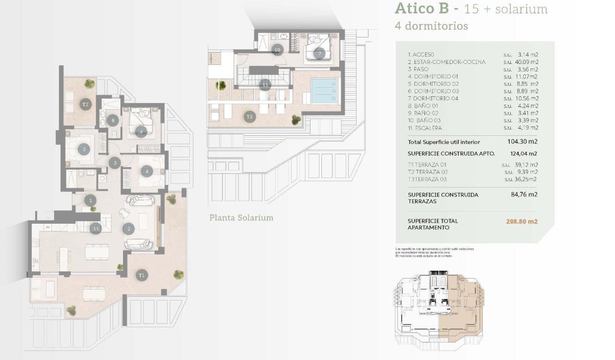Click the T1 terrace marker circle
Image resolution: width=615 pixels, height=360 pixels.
(142, 275)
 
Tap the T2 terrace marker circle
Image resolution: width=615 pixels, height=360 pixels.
(85, 104)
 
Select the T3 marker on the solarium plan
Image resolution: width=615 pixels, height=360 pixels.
(249, 117)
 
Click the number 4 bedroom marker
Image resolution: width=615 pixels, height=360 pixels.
(141, 131)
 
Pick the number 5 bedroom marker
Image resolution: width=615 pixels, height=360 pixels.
(85, 148)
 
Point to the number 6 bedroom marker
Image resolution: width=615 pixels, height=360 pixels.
(146, 172)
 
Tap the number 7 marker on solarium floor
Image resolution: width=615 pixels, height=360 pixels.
(320, 53)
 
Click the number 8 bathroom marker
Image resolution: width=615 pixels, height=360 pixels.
(114, 120)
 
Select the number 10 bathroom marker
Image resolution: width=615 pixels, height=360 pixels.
(277, 50)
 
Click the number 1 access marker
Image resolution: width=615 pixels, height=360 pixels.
(90, 200)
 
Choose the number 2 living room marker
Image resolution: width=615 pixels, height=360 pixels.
(129, 229)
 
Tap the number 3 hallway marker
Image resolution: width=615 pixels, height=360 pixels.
(115, 162)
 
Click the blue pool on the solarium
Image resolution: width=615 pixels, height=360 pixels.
(323, 91)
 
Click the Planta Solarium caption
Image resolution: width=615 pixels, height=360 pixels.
(241, 218)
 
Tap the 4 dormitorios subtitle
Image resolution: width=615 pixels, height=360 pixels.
(431, 26)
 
